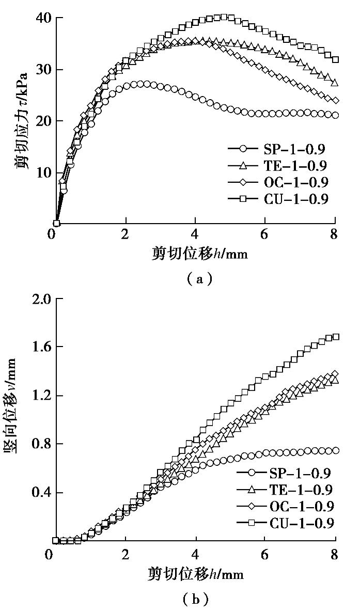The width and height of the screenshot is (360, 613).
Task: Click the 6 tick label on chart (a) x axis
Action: (x=264, y=233)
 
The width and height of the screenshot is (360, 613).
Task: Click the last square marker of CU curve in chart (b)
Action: (x=335, y=337)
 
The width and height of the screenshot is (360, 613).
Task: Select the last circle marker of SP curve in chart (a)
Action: (x=335, y=115)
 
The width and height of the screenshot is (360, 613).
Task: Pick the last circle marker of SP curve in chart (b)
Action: (x=335, y=451)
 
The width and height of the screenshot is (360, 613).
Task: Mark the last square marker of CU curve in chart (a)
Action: (x=335, y=59)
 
